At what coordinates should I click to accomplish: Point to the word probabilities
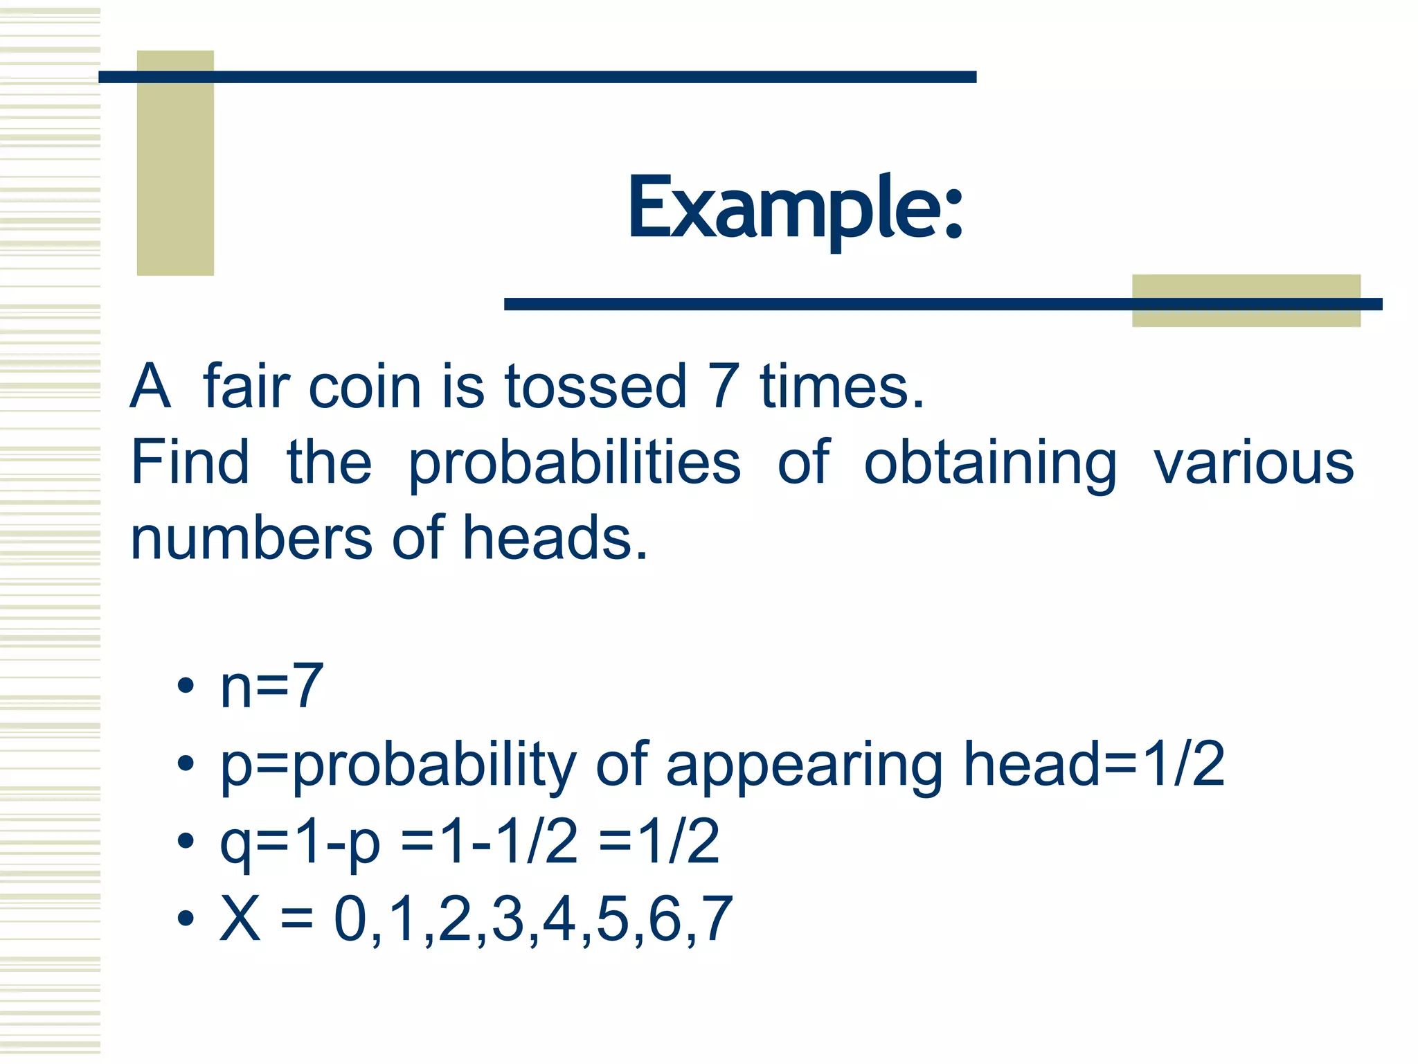click(575, 464)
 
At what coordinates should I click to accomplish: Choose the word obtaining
click(990, 464)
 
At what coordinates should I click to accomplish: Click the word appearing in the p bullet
click(804, 766)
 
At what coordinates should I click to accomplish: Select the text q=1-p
click(300, 842)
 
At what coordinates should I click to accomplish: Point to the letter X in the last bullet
click(240, 919)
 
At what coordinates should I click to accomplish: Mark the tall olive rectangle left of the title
click(175, 163)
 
